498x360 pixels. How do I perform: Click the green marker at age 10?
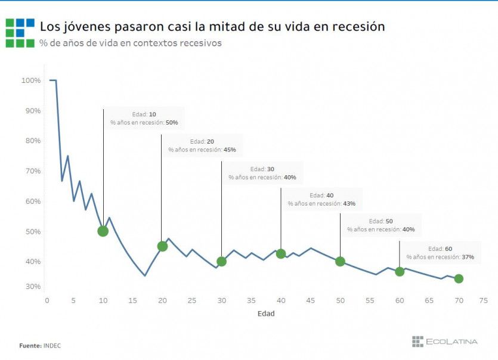coord(103,231)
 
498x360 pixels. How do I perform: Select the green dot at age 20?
coord(162,246)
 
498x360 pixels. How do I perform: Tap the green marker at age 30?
coord(221,262)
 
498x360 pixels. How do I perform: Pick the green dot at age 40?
coord(281,254)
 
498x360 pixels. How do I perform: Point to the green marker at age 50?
coord(340,262)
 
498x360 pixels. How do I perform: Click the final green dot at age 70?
coord(459,279)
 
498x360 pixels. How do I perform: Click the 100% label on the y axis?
coord(31,80)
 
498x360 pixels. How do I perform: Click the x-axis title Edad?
coord(266,314)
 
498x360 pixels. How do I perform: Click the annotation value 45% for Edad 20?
coord(230,150)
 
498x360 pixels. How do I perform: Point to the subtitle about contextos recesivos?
coord(131,43)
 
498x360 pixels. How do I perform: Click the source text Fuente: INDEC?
coord(40,345)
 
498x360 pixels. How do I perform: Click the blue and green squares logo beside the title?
coord(20,32)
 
